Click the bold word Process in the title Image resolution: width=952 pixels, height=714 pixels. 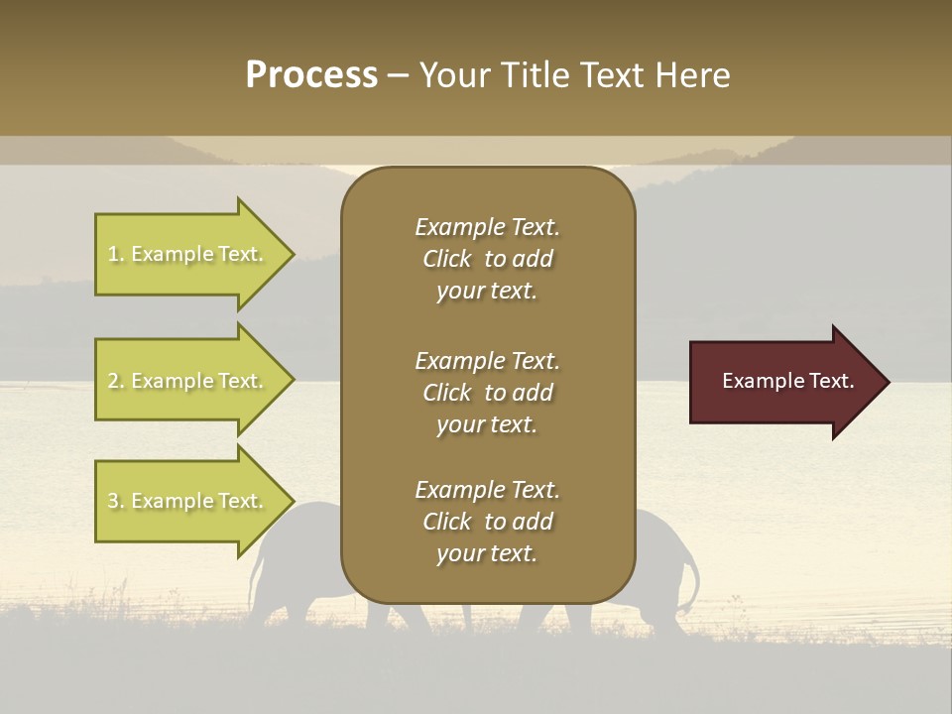tap(311, 74)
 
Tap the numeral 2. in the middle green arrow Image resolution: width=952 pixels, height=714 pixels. tap(116, 381)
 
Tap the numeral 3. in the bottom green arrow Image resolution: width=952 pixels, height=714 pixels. tap(116, 501)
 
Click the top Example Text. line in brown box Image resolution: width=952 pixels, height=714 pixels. tap(487, 227)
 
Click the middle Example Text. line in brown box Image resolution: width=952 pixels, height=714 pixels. tap(487, 360)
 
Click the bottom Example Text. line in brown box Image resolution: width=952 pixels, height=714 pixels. tap(487, 490)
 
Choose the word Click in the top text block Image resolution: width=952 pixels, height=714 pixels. tap(446, 259)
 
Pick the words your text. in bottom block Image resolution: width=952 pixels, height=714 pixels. tap(487, 553)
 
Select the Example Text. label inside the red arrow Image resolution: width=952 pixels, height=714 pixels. tap(787, 381)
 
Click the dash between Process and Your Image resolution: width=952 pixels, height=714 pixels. tap(398, 75)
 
